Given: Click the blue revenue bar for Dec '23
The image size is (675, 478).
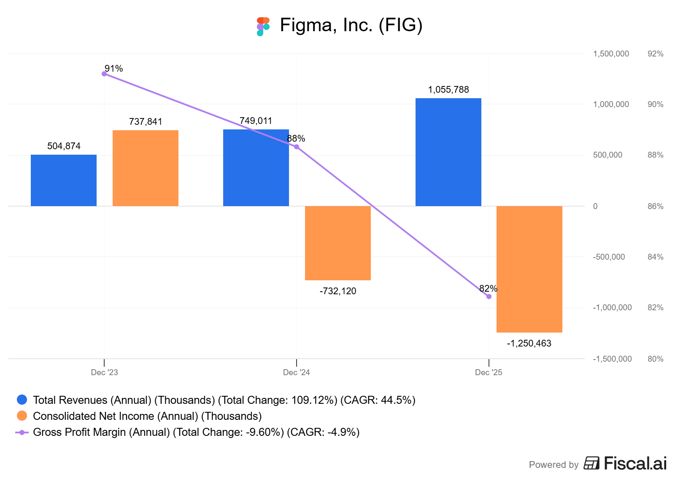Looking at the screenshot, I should (64, 180).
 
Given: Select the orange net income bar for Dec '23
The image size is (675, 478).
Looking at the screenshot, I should (146, 168).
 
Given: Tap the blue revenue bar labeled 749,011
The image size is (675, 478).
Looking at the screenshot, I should (256, 168).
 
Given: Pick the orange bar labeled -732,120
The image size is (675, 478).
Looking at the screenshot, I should (338, 243).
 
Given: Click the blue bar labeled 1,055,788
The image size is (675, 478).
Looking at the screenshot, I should (448, 152).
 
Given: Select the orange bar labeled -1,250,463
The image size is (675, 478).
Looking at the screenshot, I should (529, 269).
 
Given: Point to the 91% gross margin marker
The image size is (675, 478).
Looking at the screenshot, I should (104, 74).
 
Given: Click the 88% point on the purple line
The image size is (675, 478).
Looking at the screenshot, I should (297, 147).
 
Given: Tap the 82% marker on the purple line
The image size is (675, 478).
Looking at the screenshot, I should (489, 297).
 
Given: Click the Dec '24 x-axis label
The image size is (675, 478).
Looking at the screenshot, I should (296, 372).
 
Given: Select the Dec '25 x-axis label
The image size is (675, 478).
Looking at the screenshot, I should (489, 372).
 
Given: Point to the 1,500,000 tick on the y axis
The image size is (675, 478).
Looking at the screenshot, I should (611, 54).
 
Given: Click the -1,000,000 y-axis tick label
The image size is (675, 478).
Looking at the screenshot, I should (612, 308).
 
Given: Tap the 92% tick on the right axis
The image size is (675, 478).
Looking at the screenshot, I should (655, 54).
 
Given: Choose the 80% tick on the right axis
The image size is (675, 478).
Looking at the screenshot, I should (655, 359).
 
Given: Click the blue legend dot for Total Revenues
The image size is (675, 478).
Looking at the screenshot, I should (22, 400).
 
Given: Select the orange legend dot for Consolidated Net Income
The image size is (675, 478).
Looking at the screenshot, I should (22, 416).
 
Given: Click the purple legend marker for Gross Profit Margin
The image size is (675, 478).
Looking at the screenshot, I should (22, 432).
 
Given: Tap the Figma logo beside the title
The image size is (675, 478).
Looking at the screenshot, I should (263, 26).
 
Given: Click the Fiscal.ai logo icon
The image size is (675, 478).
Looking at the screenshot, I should (591, 463).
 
